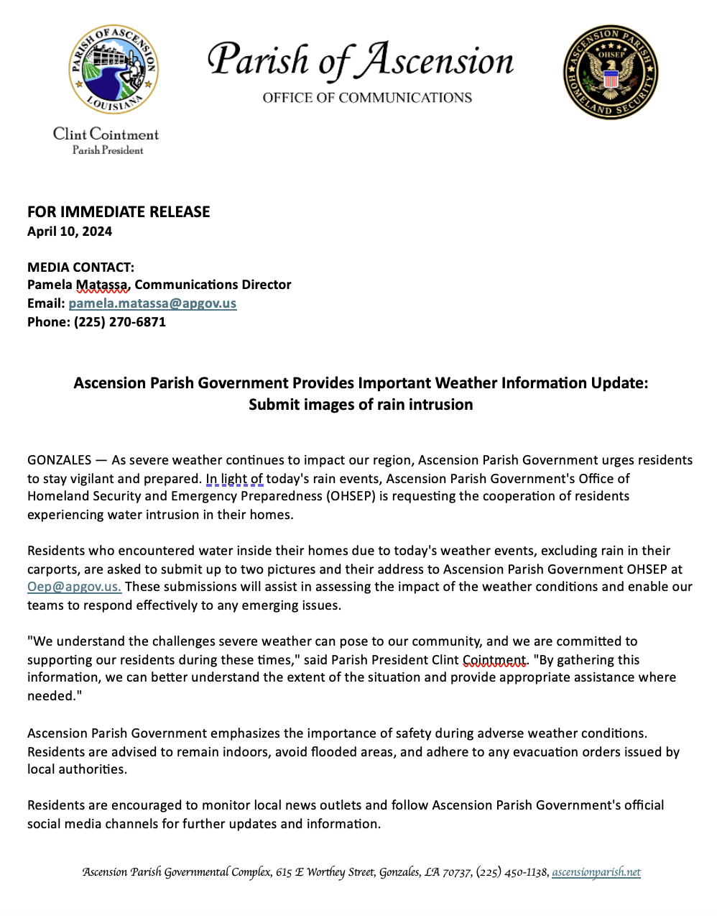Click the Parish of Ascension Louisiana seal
pos(114,69)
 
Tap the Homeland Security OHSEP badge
pos(610,72)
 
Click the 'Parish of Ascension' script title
pos(361,60)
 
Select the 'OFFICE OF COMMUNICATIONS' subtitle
pos(367,98)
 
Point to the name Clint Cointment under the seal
pos(106,134)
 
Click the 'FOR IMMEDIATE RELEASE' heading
pos(119,212)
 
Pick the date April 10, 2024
pos(70,232)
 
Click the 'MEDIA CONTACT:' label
pos(80,267)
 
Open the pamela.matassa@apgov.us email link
pos(152,303)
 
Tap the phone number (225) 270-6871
pos(119,322)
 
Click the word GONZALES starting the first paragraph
pos(60,460)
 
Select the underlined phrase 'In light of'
pos(234,479)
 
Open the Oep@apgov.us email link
pos(74,587)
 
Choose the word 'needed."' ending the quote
pos(54,696)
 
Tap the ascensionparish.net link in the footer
pos(596,872)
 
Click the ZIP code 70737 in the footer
pos(456,872)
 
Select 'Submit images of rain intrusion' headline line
pos(361,405)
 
